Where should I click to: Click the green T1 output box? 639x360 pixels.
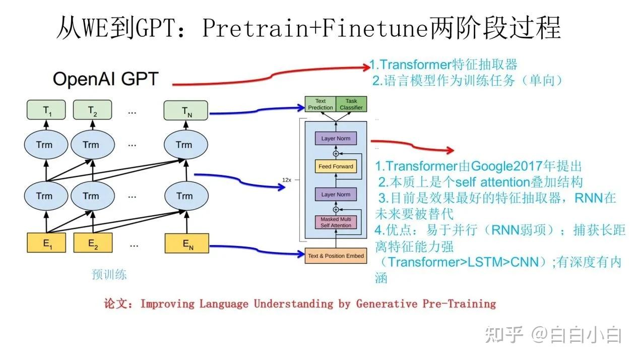(47, 110)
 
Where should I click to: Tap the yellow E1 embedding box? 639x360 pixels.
(47, 243)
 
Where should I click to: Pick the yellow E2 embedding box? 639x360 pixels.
(92, 243)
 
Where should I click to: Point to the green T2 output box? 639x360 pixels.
(92, 110)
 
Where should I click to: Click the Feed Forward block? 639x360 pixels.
(336, 166)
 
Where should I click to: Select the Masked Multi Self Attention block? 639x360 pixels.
(336, 222)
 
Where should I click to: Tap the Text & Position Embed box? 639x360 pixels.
(336, 256)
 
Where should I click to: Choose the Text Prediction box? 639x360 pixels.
(321, 104)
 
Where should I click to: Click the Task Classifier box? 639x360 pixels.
(351, 104)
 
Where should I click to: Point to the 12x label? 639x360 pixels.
(287, 179)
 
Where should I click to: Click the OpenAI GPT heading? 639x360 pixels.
(105, 79)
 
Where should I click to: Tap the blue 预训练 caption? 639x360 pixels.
(109, 275)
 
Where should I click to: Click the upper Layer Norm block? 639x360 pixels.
(336, 139)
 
